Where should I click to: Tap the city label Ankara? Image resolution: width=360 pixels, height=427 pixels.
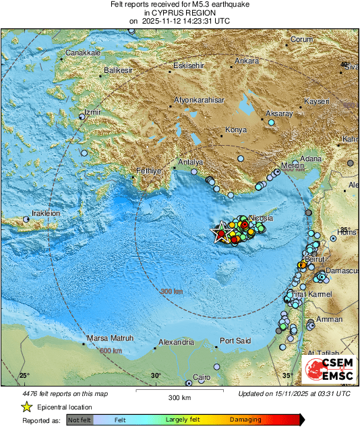coord(246,61)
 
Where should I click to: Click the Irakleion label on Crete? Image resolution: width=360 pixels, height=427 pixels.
coord(44,213)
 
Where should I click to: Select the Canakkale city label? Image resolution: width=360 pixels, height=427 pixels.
coord(82,53)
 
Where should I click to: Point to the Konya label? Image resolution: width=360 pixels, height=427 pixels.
coord(236,129)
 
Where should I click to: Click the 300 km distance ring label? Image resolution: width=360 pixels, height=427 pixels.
coord(171,291)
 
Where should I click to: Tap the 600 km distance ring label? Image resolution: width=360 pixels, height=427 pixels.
coord(111,351)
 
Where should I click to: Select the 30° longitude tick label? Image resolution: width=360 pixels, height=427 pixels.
coord(156,376)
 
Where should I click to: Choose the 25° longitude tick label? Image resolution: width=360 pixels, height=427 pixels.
coord(24,376)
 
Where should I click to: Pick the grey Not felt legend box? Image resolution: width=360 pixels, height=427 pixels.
coord(80,420)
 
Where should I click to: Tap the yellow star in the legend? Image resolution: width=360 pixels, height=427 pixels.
coord(26,407)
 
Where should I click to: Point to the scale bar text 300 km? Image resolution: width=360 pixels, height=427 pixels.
coord(179,398)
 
